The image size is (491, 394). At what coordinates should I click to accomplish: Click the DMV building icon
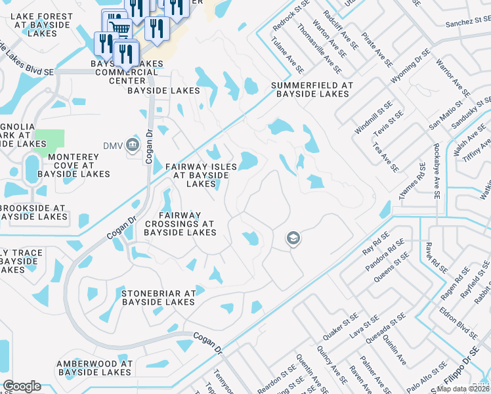(132, 144)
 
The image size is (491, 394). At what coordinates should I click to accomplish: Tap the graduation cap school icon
(293, 238)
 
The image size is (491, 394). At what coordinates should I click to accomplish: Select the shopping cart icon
(117, 26)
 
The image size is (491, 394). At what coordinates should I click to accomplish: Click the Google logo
(22, 386)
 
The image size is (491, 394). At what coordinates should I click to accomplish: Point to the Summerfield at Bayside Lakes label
(312, 90)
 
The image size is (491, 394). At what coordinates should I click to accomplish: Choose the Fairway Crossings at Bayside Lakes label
(179, 223)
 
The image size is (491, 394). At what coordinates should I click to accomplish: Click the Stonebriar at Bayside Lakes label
(158, 297)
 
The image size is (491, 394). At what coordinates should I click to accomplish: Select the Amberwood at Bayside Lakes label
(95, 368)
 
